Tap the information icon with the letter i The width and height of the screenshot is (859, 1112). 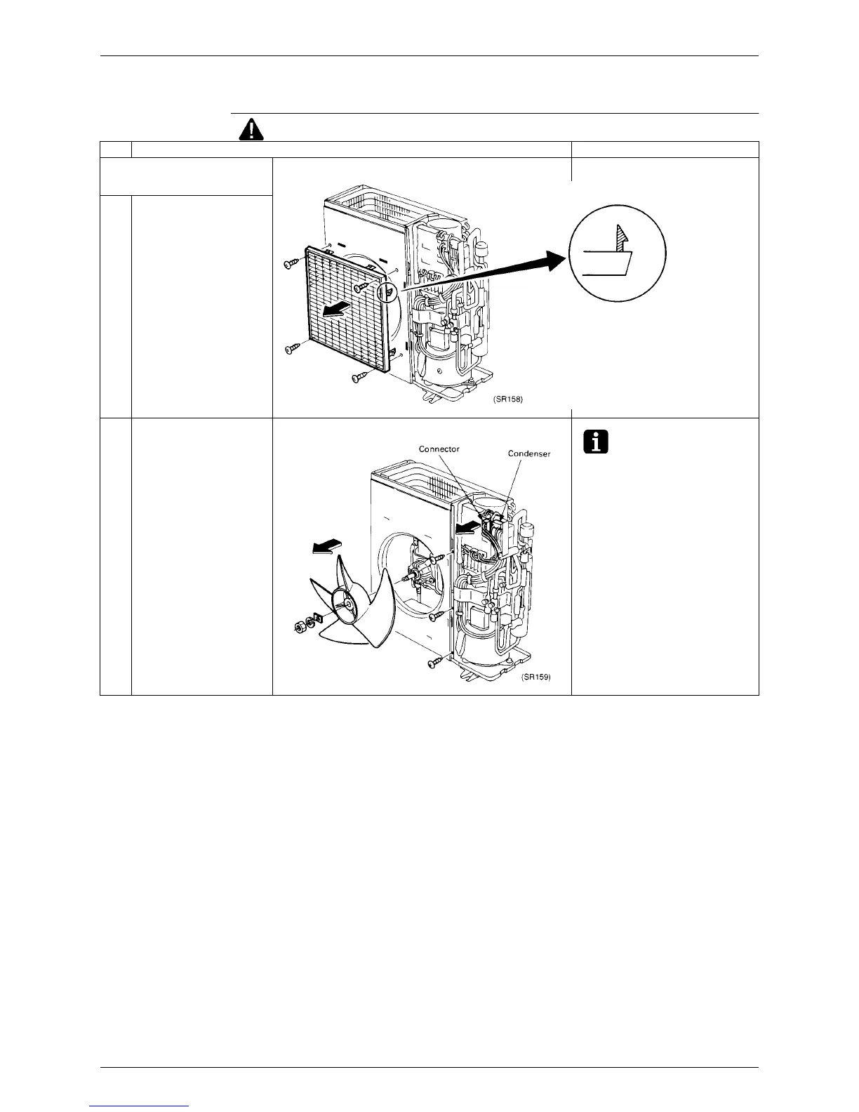point(594,442)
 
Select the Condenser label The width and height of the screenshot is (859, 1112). point(529,454)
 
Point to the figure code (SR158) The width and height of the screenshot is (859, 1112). point(507,399)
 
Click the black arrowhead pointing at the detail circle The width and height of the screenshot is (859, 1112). point(554,262)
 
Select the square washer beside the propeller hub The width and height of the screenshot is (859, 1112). point(317,618)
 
